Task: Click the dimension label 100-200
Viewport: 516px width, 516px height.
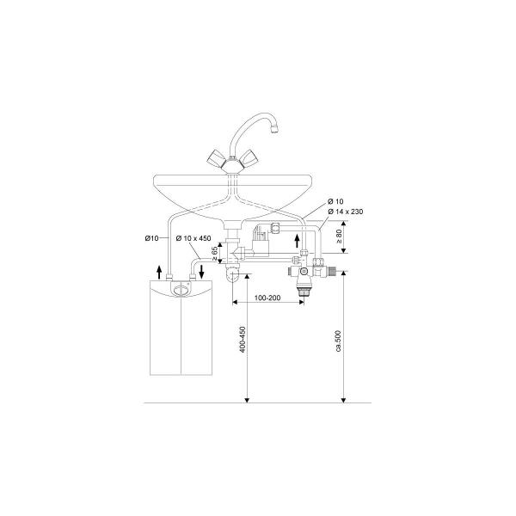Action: click(267, 298)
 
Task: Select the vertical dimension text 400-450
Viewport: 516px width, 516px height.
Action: click(243, 340)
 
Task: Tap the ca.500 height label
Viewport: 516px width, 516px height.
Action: click(339, 341)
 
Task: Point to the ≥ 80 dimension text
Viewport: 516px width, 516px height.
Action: click(339, 236)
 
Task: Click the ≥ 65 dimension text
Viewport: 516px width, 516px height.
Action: click(215, 254)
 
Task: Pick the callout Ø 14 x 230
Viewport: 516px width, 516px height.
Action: click(346, 212)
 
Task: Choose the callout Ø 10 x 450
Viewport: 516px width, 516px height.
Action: click(193, 238)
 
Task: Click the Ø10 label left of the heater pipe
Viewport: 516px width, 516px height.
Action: click(151, 238)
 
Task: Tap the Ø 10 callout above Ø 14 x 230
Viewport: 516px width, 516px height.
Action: click(335, 201)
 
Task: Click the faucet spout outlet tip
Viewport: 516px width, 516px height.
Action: click(274, 130)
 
